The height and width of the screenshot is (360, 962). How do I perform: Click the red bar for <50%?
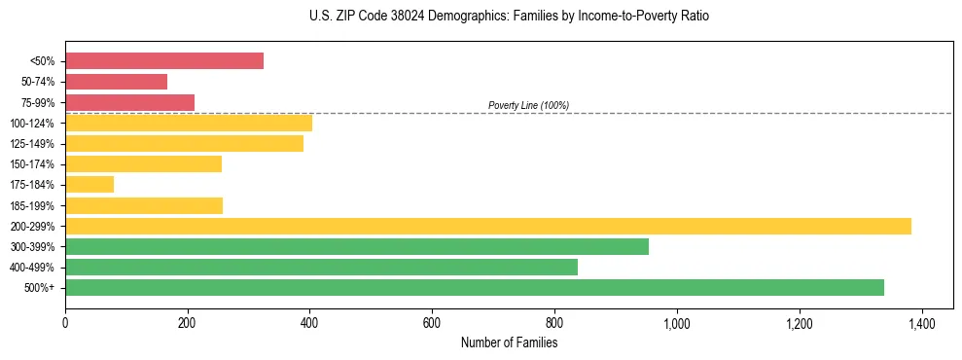[x=164, y=61]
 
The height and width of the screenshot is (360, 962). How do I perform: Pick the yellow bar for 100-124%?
[x=189, y=123]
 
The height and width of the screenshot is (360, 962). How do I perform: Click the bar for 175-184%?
[x=89, y=184]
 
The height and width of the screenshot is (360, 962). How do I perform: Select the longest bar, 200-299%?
[x=488, y=226]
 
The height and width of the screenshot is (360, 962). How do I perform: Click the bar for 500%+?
[x=475, y=287]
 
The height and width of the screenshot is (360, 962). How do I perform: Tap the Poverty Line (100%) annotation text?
[x=528, y=105]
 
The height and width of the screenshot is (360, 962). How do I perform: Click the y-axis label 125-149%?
[x=32, y=144]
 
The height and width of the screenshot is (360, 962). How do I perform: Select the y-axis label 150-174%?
[x=32, y=164]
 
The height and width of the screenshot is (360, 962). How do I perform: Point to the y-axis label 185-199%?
[x=32, y=205]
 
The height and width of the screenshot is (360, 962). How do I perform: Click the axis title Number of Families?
[x=509, y=342]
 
